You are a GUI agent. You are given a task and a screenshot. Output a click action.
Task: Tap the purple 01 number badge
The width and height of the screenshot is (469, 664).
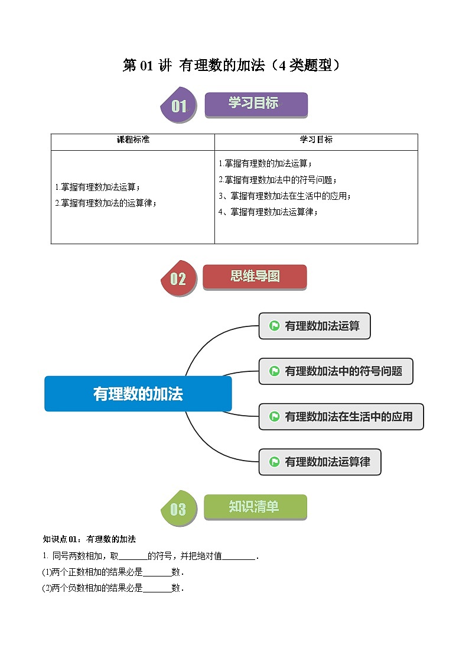click(x=178, y=106)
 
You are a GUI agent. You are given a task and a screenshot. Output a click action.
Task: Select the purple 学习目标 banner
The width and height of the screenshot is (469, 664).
click(x=256, y=104)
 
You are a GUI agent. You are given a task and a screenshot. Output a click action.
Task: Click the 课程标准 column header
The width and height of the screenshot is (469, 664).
click(x=133, y=140)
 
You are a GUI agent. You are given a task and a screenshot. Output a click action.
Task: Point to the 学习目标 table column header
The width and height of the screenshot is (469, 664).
click(x=316, y=140)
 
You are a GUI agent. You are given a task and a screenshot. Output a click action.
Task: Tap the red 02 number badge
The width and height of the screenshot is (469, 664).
click(x=178, y=278)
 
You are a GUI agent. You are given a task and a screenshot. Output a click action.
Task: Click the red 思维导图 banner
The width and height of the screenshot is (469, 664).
click(x=255, y=277)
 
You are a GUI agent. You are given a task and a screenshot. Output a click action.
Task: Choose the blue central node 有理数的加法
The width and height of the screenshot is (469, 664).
click(x=138, y=394)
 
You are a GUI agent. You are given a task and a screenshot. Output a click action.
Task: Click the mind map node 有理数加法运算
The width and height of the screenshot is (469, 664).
click(x=315, y=326)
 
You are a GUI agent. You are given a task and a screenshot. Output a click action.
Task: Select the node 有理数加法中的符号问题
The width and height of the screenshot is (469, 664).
click(x=336, y=371)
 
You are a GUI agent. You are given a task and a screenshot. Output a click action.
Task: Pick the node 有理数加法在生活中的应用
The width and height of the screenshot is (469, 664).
click(x=341, y=416)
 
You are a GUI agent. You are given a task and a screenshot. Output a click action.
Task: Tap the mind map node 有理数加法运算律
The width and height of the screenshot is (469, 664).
click(x=320, y=462)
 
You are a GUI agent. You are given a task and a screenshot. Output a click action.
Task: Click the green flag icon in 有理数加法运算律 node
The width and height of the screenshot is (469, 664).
click(x=274, y=462)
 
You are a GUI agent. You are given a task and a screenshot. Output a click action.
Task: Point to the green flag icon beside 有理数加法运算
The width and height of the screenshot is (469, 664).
click(x=274, y=326)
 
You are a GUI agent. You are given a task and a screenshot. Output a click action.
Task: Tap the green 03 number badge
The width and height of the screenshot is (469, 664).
click(x=178, y=508)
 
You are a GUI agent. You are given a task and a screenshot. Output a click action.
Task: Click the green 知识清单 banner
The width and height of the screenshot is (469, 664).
click(x=255, y=507)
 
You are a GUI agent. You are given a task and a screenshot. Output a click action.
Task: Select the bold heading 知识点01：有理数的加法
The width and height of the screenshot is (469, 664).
click(x=90, y=539)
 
